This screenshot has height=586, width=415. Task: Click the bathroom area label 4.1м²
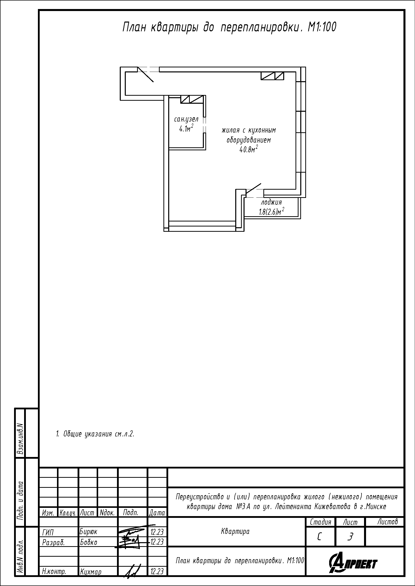point(186,128)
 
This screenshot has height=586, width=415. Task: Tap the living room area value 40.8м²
point(248,149)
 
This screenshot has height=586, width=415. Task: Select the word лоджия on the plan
point(271,203)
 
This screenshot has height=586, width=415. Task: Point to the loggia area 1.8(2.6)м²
point(272,212)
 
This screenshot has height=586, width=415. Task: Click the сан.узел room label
point(186,120)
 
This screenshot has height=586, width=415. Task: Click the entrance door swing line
point(146,74)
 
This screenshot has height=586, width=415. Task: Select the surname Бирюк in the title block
point(88,531)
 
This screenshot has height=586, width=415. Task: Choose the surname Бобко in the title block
point(88,542)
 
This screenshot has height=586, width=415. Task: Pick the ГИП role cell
point(48,532)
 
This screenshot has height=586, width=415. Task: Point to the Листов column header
point(388,522)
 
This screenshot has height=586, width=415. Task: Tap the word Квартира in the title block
point(235,531)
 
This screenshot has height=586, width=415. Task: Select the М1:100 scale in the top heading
point(322,27)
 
